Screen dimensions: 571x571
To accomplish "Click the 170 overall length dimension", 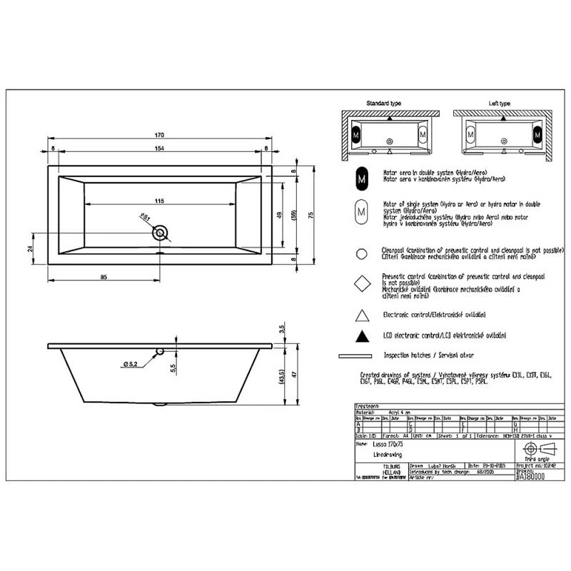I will [x=160, y=136].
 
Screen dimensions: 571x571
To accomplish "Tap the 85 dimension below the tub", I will [x=103, y=277].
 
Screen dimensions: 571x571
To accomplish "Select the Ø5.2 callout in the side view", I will [x=129, y=365].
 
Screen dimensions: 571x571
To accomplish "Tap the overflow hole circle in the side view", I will [x=160, y=350].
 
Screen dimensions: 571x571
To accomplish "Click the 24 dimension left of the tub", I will [x=31, y=248].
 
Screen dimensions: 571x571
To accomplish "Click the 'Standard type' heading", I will [x=383, y=103].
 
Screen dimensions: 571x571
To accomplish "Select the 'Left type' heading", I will [x=499, y=103].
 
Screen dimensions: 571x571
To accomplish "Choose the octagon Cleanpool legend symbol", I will [x=363, y=253].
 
